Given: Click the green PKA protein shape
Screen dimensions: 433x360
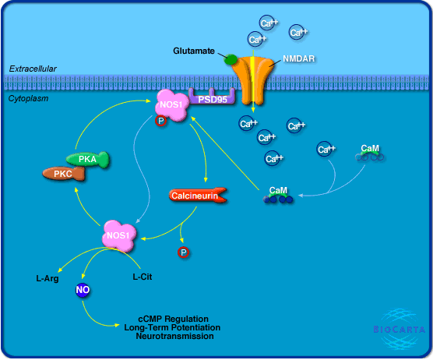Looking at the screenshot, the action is [87, 160].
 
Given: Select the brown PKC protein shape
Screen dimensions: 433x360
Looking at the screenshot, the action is [64, 174].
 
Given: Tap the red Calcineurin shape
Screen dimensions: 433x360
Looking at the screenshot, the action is [198, 196].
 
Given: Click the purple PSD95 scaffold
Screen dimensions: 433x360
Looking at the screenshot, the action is [212, 97].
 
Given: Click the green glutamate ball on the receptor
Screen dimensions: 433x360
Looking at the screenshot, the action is [231, 59].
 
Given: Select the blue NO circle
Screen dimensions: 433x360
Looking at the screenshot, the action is [83, 290].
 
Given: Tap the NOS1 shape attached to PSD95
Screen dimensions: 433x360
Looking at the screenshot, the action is [172, 105].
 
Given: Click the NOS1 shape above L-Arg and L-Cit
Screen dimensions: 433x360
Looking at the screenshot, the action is [119, 235].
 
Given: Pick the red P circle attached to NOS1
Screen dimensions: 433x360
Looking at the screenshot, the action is [160, 121].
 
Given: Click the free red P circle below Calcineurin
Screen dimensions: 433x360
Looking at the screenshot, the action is [183, 252].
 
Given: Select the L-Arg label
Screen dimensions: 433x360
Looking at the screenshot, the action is [48, 278].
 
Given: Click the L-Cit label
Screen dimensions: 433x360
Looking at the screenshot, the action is [143, 277].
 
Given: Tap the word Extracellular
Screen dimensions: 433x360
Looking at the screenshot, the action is [33, 69].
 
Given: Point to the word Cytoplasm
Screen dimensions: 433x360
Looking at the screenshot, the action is [28, 98].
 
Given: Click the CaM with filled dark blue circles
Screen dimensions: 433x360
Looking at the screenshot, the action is [278, 195].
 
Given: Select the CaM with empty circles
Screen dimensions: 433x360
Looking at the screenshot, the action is [369, 153].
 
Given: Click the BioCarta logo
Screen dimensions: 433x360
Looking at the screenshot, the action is [399, 329].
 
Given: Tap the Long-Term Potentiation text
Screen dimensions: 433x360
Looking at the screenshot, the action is [172, 327].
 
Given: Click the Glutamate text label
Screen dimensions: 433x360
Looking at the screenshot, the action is [194, 51].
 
